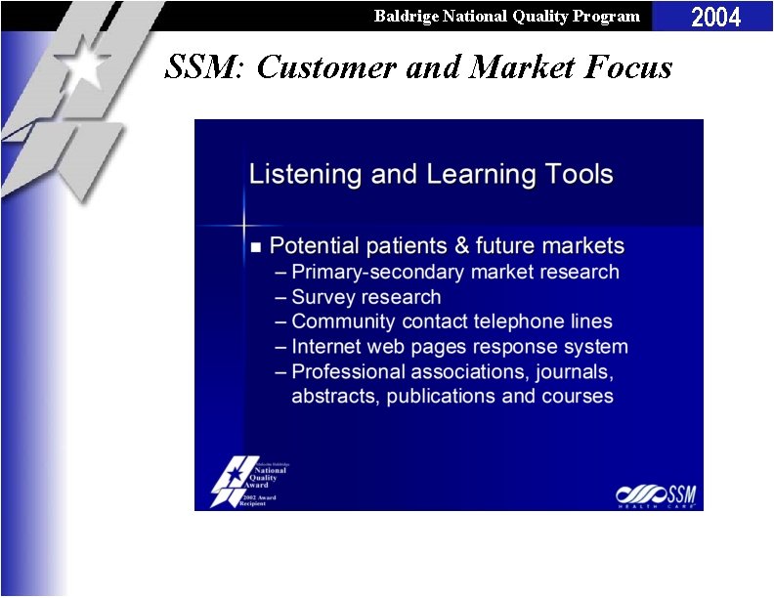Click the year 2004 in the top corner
point(716,17)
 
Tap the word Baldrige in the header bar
point(404,16)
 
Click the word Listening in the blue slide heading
point(293,175)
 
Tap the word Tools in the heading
point(578,175)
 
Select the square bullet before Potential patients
point(256,246)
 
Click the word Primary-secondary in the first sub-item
point(376,272)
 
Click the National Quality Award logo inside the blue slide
point(249,482)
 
